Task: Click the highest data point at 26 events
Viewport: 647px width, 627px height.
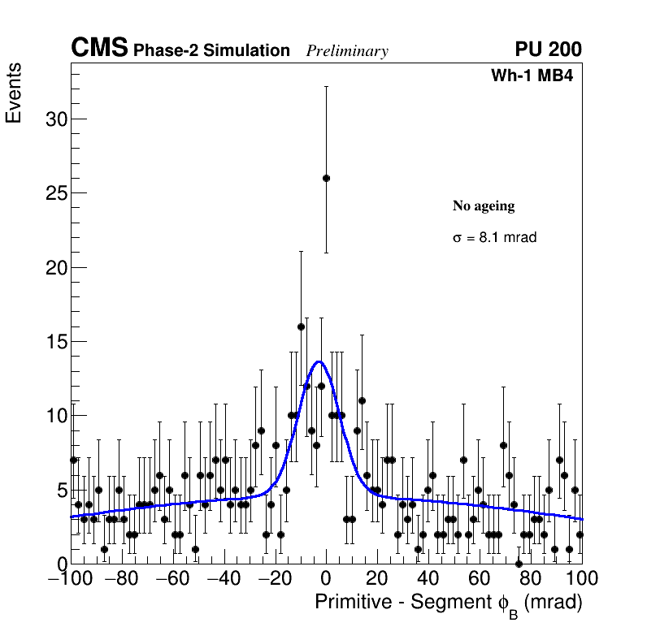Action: pyautogui.click(x=326, y=178)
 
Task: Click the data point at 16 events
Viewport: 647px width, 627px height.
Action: pyautogui.click(x=301, y=326)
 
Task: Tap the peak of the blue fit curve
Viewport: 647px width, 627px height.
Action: pyautogui.click(x=319, y=361)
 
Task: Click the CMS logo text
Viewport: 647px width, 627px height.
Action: pyautogui.click(x=99, y=49)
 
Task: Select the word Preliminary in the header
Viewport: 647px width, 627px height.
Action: pyautogui.click(x=347, y=52)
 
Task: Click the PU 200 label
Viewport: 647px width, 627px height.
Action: pyautogui.click(x=549, y=50)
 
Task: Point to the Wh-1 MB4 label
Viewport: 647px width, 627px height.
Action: pyautogui.click(x=532, y=76)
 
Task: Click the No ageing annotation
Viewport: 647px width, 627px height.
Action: pyautogui.click(x=484, y=206)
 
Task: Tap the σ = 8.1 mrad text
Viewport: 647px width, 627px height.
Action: pyautogui.click(x=494, y=238)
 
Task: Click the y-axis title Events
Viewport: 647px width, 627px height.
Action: pyautogui.click(x=14, y=93)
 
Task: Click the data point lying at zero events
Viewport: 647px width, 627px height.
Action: pyautogui.click(x=519, y=564)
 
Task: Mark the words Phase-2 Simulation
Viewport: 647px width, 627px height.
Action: pyautogui.click(x=211, y=51)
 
